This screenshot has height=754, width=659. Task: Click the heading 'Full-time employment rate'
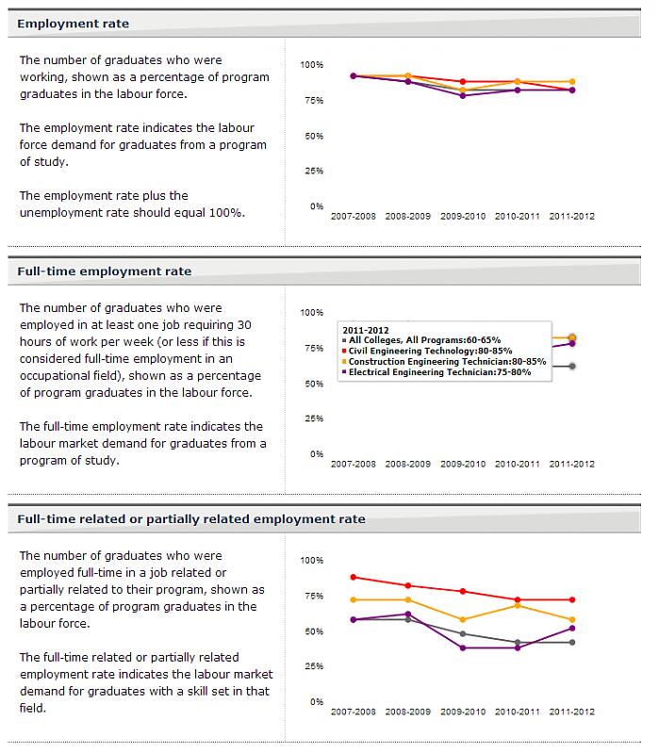coord(104,271)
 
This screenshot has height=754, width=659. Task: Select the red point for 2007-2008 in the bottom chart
coord(354,577)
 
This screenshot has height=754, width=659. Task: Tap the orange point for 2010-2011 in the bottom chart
coord(518,605)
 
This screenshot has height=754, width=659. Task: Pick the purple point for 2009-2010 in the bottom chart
coord(463,647)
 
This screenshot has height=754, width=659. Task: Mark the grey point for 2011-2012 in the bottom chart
coord(572,642)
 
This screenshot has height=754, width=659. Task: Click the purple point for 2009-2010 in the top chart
coord(463,95)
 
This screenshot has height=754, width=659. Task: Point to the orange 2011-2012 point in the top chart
coord(572,82)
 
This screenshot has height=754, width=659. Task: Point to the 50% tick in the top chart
coord(311,136)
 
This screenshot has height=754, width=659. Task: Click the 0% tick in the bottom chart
coord(316,701)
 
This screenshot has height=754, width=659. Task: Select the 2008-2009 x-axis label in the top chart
coord(408,216)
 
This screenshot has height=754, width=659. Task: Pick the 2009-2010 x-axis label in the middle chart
coord(463,464)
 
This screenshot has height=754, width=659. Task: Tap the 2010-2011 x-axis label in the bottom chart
coord(518,712)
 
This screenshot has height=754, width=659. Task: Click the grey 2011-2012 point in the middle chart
coord(572,366)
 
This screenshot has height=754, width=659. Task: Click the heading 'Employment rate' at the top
coord(74,23)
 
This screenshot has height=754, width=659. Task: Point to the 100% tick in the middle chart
coord(311,312)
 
